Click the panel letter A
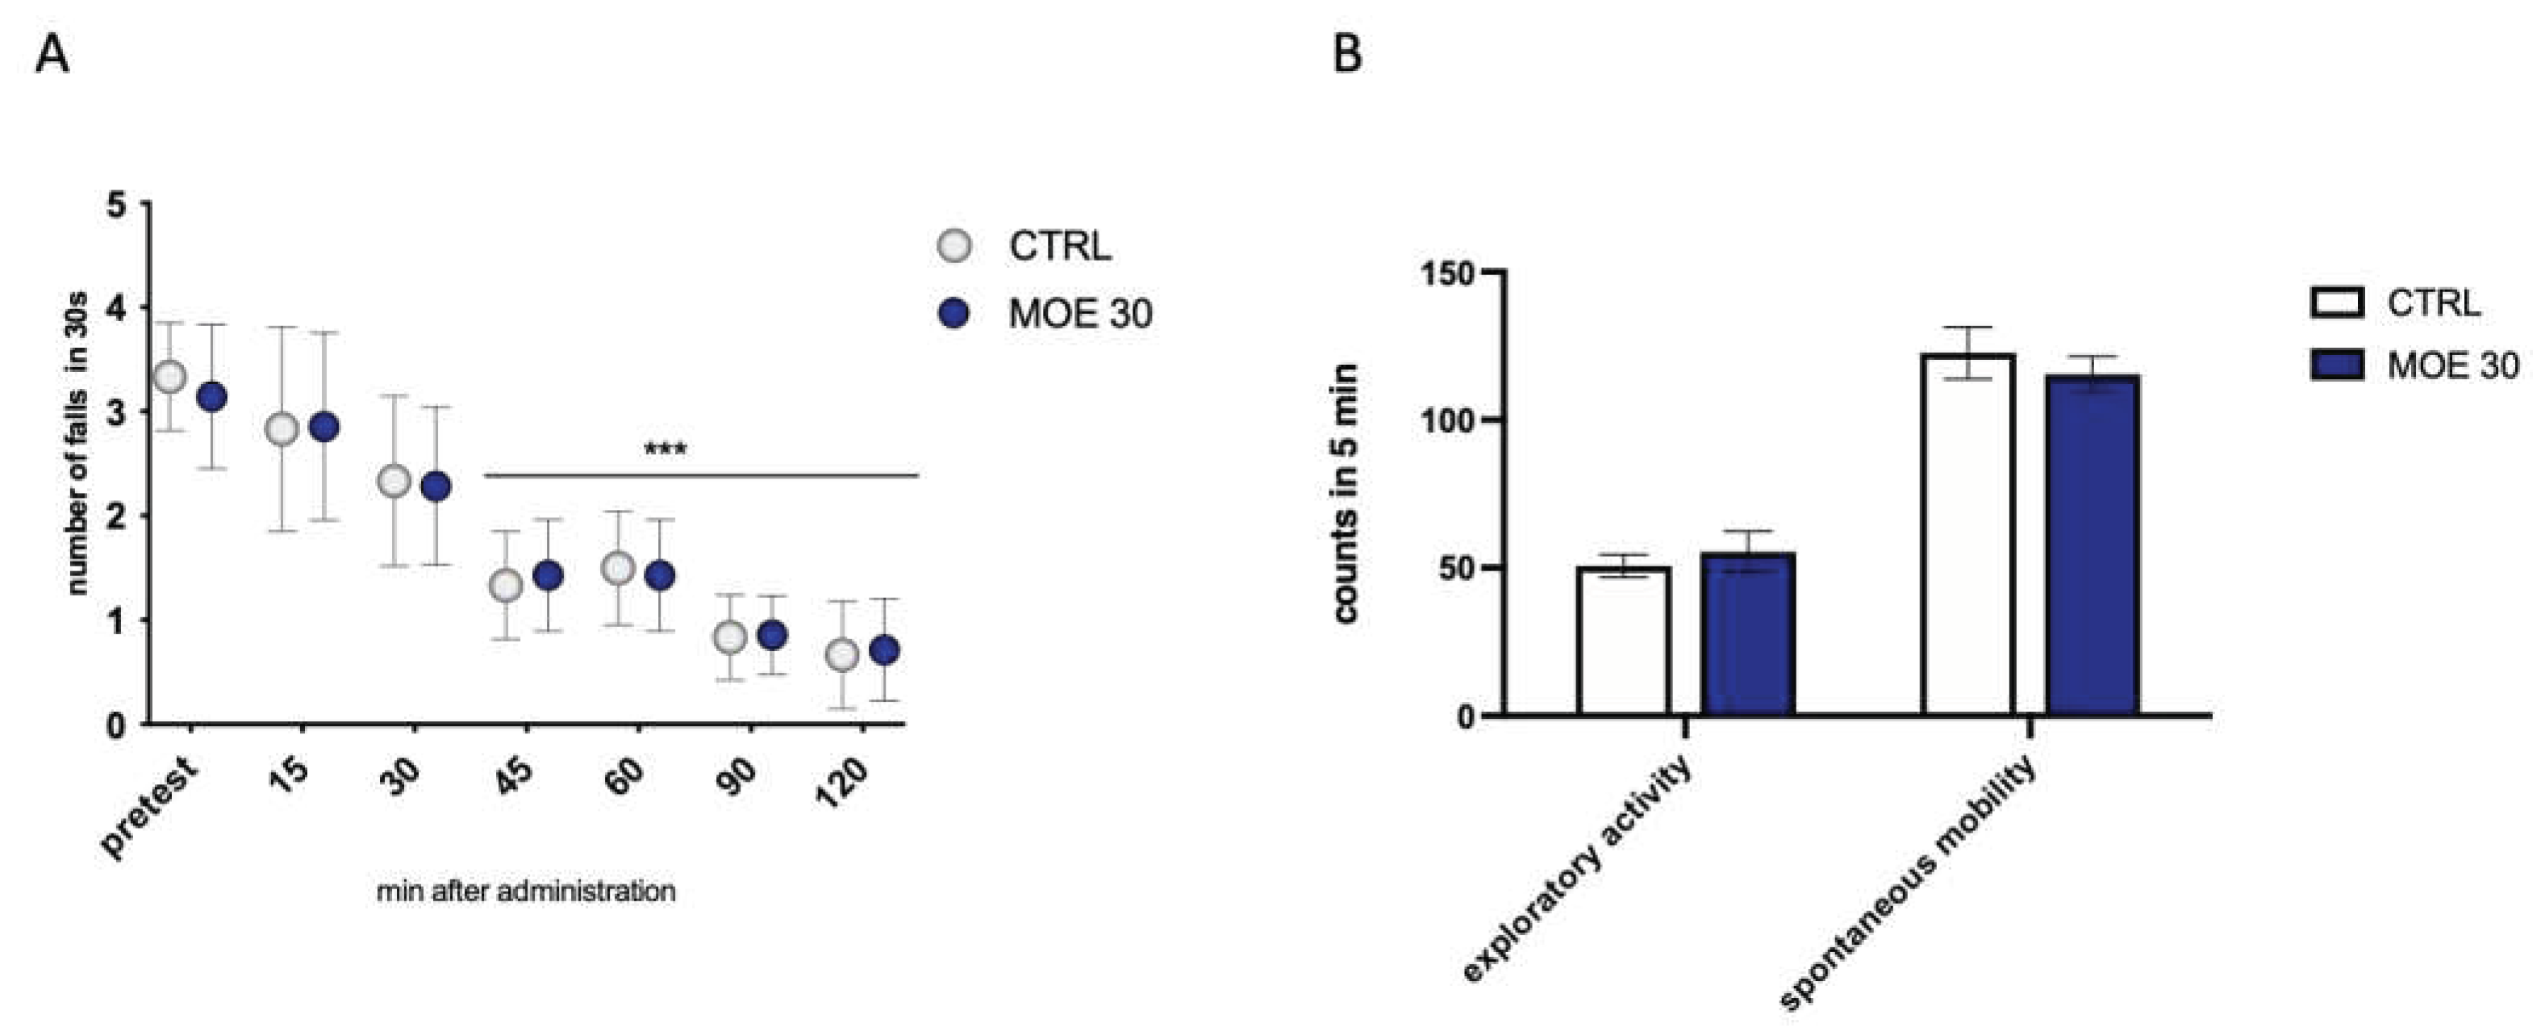pos(52,54)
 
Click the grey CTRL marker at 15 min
pos(282,429)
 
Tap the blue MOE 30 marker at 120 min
pos(885,650)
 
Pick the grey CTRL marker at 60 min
pos(619,567)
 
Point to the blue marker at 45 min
pos(548,575)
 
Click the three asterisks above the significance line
pos(665,451)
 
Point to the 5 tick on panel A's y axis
pos(119,205)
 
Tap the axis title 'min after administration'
pos(526,892)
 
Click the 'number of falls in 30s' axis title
pos(79,444)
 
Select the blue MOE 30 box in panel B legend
pos(2337,365)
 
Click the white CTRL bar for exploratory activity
pos(1623,641)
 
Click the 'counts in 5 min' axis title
pos(1346,493)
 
